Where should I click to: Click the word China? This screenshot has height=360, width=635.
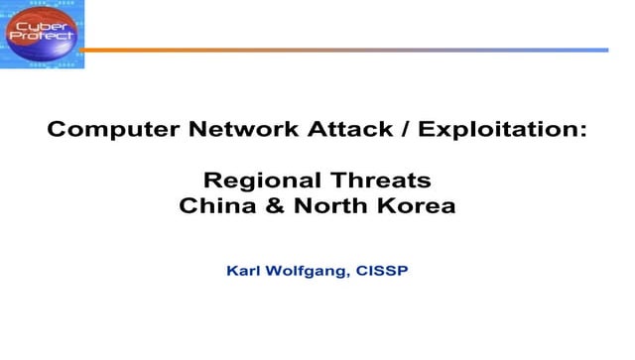(211, 207)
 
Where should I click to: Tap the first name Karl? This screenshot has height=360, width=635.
(244, 269)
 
